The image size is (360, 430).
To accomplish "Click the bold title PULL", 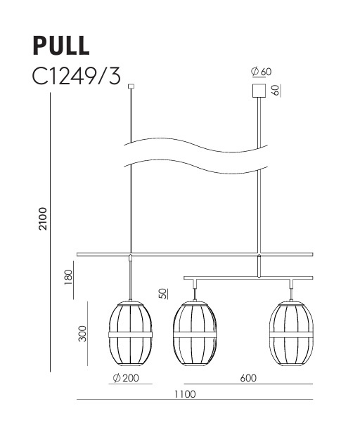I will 61,44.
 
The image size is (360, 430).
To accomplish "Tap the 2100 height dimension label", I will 43,222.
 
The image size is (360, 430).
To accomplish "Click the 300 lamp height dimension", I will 82,332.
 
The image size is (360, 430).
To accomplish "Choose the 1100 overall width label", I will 186,393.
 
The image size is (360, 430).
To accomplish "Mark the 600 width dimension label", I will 247,379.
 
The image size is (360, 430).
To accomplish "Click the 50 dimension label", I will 162,293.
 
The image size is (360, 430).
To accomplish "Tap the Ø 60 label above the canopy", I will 261,72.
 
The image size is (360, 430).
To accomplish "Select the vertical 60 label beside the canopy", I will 276,90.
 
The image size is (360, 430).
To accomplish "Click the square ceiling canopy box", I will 259,91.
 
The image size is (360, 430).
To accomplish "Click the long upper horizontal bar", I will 195,254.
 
